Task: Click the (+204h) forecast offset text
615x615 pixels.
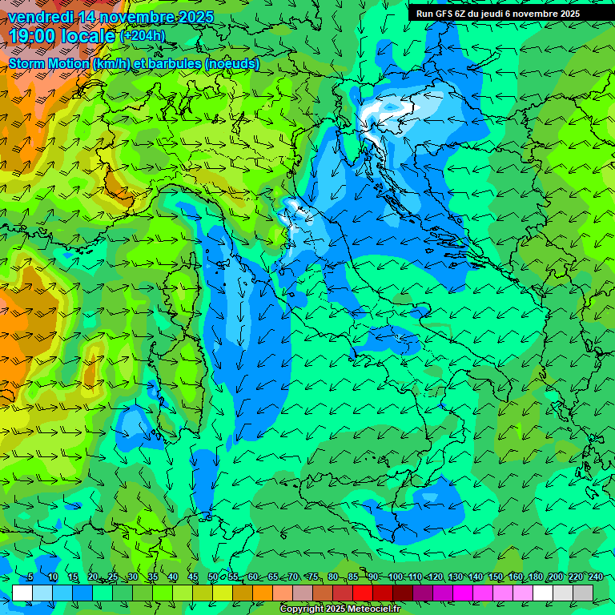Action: pos(143,36)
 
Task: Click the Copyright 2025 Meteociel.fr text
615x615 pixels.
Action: pos(340,609)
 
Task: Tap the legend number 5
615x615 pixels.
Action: pos(30,577)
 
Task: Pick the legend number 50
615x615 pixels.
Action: pos(212,577)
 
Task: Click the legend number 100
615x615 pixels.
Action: pos(396,577)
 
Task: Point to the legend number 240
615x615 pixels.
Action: pos(595,577)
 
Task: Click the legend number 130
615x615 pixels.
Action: pos(455,577)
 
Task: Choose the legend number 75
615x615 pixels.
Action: pos(313,577)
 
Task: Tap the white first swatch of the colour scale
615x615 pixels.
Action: pos(22,593)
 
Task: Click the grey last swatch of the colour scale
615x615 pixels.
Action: pos(583,593)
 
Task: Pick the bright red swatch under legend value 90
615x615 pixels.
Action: pos(363,593)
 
